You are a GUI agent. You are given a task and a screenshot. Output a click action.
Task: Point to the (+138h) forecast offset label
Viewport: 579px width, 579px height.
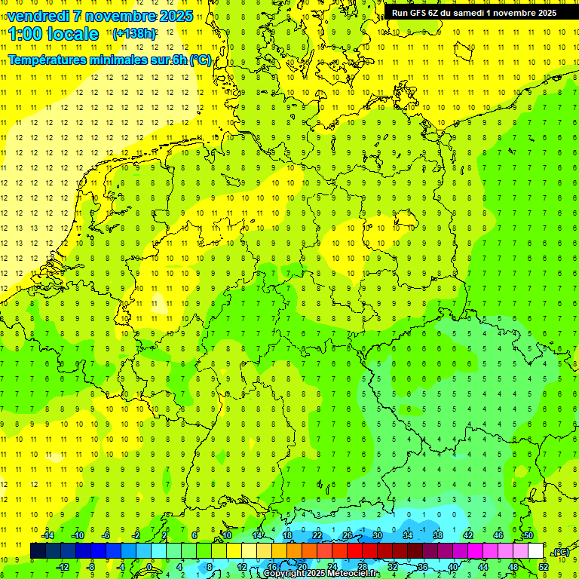[x=134, y=33]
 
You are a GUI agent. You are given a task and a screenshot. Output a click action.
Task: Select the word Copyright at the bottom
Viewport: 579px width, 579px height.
[x=283, y=574]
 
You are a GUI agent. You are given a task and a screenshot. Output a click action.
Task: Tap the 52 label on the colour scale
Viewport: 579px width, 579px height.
[x=543, y=566]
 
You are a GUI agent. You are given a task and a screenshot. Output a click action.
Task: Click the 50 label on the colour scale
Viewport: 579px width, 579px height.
[x=528, y=535]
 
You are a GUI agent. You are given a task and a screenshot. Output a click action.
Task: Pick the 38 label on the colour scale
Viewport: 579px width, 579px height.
[x=438, y=535]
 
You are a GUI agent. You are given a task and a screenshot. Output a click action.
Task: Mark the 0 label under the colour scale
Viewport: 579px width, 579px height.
[x=149, y=566]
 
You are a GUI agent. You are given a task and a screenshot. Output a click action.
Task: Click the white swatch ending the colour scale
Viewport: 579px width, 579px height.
[x=535, y=551]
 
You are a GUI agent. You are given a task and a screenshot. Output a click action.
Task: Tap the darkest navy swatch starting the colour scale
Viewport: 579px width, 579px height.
[x=38, y=551]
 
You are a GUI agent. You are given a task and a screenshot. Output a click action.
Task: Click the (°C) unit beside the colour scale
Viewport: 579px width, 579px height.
[x=561, y=552]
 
